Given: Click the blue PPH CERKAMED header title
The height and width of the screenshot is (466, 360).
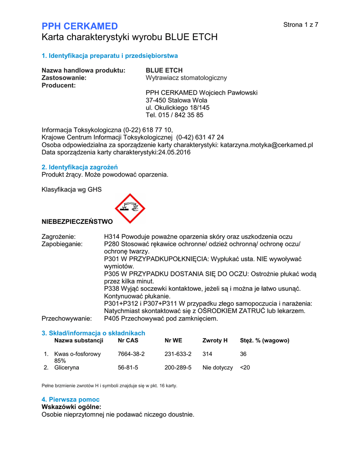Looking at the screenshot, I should coord(80,26).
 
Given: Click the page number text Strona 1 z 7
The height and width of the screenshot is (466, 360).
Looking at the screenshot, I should coord(300,25).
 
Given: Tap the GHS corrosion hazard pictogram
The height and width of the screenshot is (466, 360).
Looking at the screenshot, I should coord(130,208).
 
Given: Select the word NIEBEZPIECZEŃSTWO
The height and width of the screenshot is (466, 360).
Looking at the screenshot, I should coord(77,222).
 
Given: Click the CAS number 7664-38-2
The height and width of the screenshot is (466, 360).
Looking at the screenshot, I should coord(131,354).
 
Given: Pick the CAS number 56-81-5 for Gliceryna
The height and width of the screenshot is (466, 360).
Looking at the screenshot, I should coord(127,367).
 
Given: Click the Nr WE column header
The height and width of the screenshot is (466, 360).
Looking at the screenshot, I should coord(173,340).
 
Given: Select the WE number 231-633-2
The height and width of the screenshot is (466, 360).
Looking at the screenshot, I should coord(178,354).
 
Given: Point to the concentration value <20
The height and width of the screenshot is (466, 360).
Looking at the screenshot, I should coord(245,367).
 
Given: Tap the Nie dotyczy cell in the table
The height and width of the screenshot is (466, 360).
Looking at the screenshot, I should coord(218,367).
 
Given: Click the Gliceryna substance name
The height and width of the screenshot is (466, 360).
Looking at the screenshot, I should coord(66,367).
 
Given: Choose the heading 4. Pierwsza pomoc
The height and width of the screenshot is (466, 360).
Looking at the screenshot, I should coord(71,399).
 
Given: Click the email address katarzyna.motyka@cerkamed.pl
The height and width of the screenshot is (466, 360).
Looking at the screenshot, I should coord(267,145).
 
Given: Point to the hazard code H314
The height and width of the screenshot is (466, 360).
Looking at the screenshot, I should coord(112,237).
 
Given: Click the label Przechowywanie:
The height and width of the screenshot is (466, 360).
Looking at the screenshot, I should coord(66,319).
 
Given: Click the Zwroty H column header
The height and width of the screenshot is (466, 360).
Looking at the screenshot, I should coord(215,340).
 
